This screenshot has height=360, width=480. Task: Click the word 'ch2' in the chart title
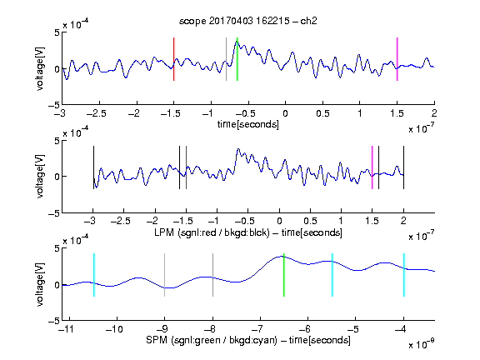coord(308,21)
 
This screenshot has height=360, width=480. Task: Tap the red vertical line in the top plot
coord(173,59)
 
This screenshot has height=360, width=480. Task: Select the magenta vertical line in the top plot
coord(397,59)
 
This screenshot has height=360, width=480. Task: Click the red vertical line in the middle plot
coord(186,167)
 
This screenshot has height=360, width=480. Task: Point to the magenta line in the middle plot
coord(372,167)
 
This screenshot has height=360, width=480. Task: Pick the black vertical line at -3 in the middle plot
coord(93,167)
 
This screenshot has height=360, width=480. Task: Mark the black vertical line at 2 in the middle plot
coord(403,167)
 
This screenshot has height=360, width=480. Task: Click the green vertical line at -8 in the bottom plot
coord(212,275)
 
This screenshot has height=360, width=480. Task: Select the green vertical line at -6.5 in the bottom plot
coord(284,275)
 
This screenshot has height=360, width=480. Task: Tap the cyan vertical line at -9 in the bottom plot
coord(164,275)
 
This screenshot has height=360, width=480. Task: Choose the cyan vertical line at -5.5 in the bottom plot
coord(332,275)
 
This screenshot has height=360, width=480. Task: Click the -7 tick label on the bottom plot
coord(259,329)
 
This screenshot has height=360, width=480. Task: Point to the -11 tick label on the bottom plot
coord(67,329)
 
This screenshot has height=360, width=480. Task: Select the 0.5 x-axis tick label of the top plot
coord(322,113)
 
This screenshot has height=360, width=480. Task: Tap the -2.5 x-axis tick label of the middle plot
coord(120,221)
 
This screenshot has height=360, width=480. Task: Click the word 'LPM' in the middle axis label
coord(164,232)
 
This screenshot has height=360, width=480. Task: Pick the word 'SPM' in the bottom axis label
coord(157,340)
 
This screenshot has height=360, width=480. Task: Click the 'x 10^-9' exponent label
coord(421,344)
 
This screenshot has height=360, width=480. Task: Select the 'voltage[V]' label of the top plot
coord(40,68)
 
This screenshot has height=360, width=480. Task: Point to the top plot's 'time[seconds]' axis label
coord(248,124)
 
